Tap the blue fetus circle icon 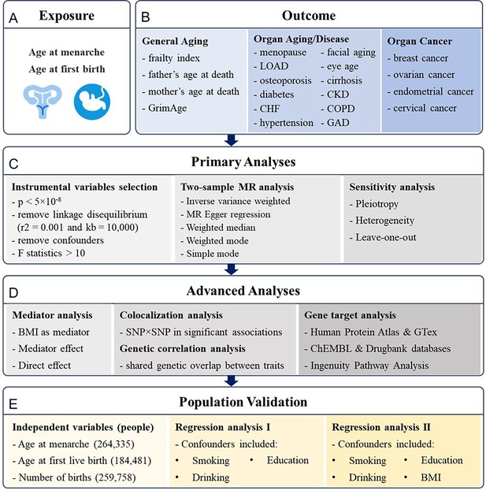coord(92,102)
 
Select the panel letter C coord(13,164)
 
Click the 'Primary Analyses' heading coord(243,161)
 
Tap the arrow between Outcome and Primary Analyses coord(232,140)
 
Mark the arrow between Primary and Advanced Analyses coord(232,269)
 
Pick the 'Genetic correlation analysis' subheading coord(183,349)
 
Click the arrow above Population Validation coord(232,381)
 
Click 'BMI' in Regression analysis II coord(431,477)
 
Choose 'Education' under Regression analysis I coord(288,460)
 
